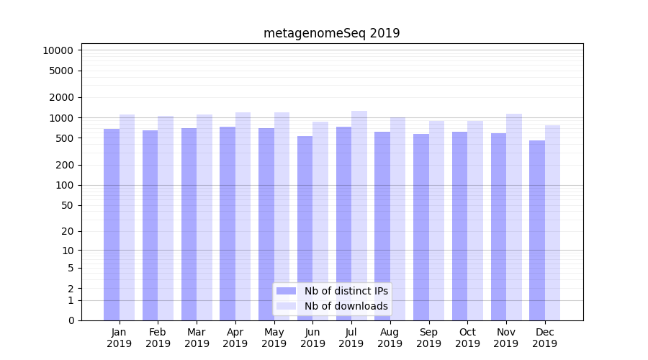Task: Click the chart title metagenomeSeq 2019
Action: tap(331, 33)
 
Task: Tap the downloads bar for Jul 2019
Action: tap(359, 216)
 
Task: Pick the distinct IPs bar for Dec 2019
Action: tap(537, 230)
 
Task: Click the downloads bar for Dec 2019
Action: tap(553, 223)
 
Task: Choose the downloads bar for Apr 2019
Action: tap(243, 216)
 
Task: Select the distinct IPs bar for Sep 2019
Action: tap(421, 227)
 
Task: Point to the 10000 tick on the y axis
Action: tap(58, 50)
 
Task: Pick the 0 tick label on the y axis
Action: tap(71, 320)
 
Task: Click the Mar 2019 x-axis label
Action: tap(197, 338)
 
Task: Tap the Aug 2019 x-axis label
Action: tap(390, 338)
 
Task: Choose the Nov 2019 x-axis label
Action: tap(506, 338)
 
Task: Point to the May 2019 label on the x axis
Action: tap(274, 338)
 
